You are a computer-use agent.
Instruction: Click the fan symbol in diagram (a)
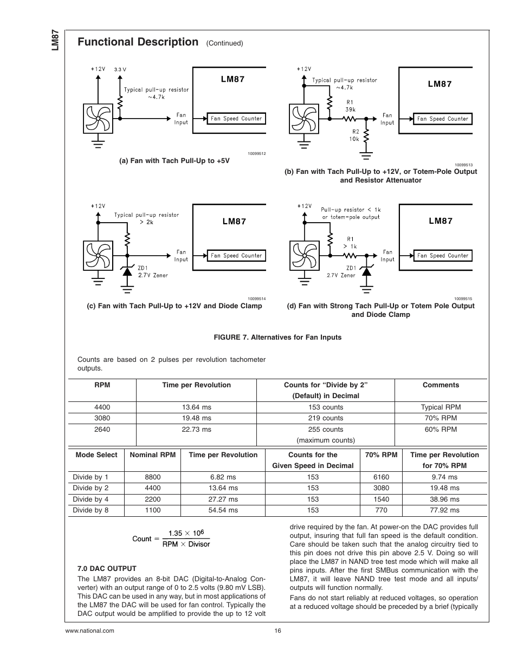click(x=98, y=119)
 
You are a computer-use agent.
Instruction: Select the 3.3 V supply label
click(x=120, y=69)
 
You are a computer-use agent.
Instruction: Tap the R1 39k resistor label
click(x=350, y=106)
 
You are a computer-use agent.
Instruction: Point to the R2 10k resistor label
click(x=354, y=135)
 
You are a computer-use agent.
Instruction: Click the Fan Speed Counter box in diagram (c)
click(x=236, y=256)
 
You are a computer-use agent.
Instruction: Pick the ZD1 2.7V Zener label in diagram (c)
click(x=153, y=271)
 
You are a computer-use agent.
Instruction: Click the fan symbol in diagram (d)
click(x=304, y=256)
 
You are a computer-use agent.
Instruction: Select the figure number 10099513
click(x=463, y=165)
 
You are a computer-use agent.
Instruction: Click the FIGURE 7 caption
click(x=277, y=337)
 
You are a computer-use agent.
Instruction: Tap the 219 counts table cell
click(x=326, y=418)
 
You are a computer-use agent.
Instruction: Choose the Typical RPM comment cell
click(x=441, y=407)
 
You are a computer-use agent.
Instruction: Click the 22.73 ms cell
click(x=197, y=429)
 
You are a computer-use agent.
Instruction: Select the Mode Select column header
click(x=96, y=454)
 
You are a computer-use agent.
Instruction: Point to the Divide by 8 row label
click(x=91, y=510)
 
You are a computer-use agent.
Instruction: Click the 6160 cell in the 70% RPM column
click(x=381, y=477)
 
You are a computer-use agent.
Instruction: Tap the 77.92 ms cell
click(x=444, y=510)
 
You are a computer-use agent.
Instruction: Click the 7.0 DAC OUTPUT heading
click(x=107, y=568)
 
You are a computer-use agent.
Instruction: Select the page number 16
click(x=278, y=631)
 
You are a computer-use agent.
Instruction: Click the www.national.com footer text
click(x=89, y=631)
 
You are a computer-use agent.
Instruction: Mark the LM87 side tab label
click(x=55, y=40)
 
